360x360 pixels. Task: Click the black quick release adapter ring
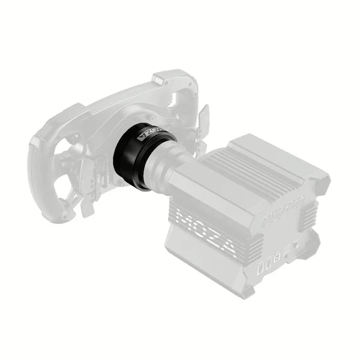(x=133, y=157)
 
